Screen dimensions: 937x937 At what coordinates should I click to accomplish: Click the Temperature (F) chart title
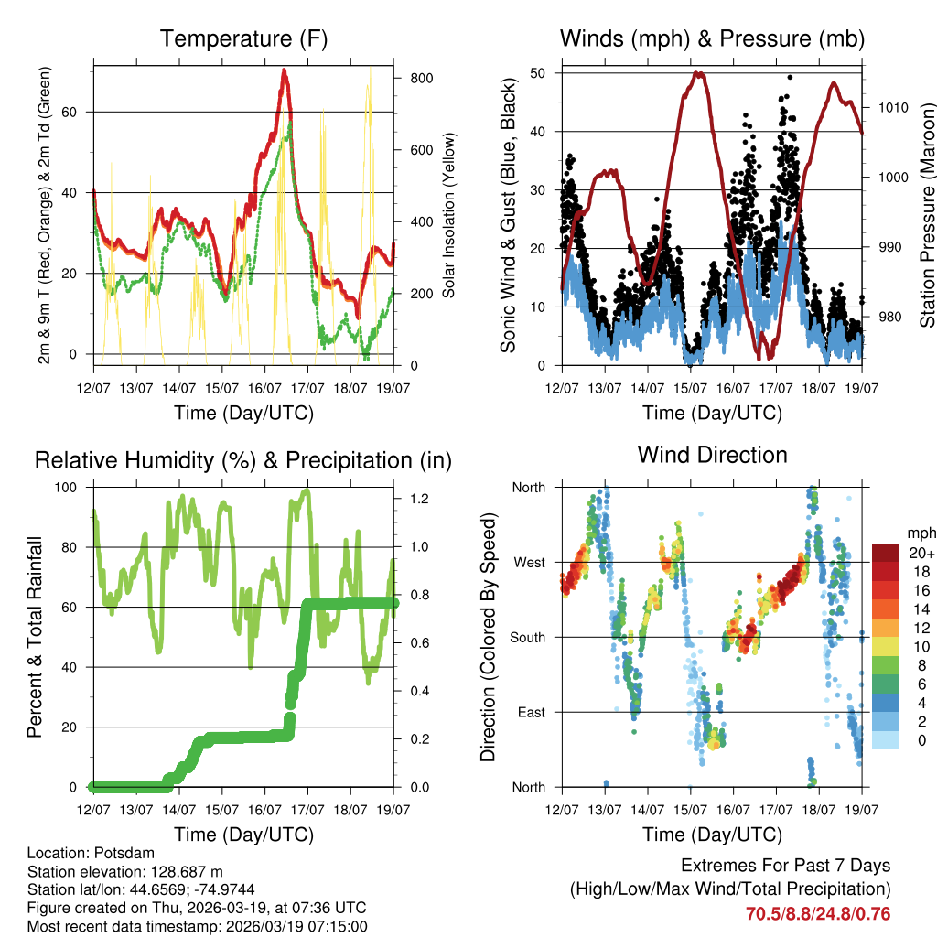tap(243, 38)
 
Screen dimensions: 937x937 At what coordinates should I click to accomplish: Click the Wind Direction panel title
tap(712, 455)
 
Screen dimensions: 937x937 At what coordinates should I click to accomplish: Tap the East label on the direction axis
tap(529, 712)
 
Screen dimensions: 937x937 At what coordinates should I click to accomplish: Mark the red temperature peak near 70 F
tap(285, 71)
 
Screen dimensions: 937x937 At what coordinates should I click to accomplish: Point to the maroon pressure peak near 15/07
tap(699, 74)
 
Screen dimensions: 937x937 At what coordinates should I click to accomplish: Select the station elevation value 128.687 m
tap(183, 872)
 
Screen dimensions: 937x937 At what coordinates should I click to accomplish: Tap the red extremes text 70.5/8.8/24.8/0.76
tap(818, 913)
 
